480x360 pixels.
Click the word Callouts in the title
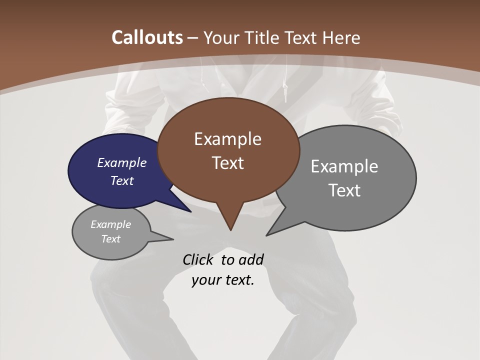click(147, 37)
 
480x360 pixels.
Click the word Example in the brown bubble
click(227, 139)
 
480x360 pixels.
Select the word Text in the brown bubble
click(227, 163)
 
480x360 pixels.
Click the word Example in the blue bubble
click(121, 162)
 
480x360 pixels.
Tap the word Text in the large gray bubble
click(344, 190)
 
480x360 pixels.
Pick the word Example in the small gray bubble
click(110, 224)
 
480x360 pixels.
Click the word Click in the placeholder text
click(199, 259)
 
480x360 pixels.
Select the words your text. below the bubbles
click(222, 280)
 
